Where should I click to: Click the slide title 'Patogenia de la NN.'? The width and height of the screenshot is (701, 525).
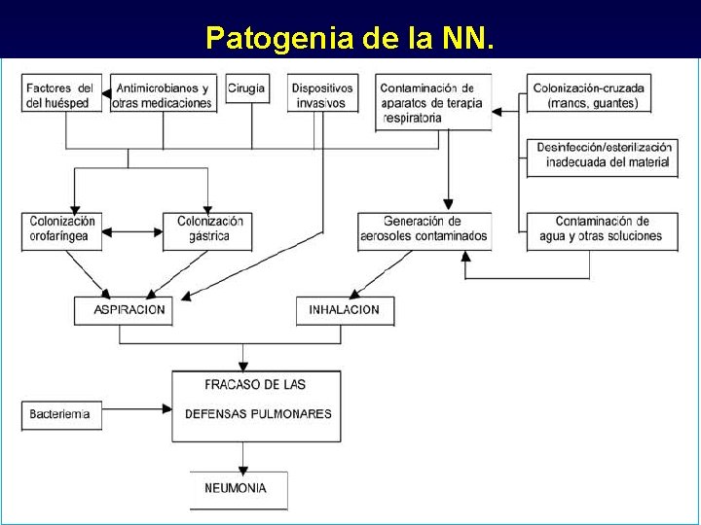point(350,38)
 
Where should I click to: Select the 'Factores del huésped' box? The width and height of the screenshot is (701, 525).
point(60,94)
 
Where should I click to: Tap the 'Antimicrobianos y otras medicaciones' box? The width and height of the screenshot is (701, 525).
point(163,94)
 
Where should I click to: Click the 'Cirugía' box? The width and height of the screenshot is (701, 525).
point(246,88)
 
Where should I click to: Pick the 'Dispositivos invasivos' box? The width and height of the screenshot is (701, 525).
point(322,94)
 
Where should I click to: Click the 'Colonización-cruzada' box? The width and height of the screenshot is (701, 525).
point(588,94)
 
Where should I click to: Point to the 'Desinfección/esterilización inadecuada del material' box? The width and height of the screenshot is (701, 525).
point(603,155)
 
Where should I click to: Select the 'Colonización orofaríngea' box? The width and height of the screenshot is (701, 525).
point(62,230)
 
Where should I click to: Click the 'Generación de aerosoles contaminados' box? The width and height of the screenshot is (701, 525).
point(424,229)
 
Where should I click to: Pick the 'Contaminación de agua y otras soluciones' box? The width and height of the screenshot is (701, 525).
point(602,229)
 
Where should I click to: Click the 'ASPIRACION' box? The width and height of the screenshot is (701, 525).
point(124,310)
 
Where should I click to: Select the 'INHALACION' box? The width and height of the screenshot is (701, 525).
point(343,310)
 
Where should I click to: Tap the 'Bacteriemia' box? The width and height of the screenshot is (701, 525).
point(60,414)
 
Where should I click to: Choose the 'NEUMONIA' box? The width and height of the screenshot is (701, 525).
point(237,488)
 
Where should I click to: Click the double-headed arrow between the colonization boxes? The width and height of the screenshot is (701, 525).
point(132,231)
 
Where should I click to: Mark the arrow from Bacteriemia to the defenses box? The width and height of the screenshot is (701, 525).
point(136,409)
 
